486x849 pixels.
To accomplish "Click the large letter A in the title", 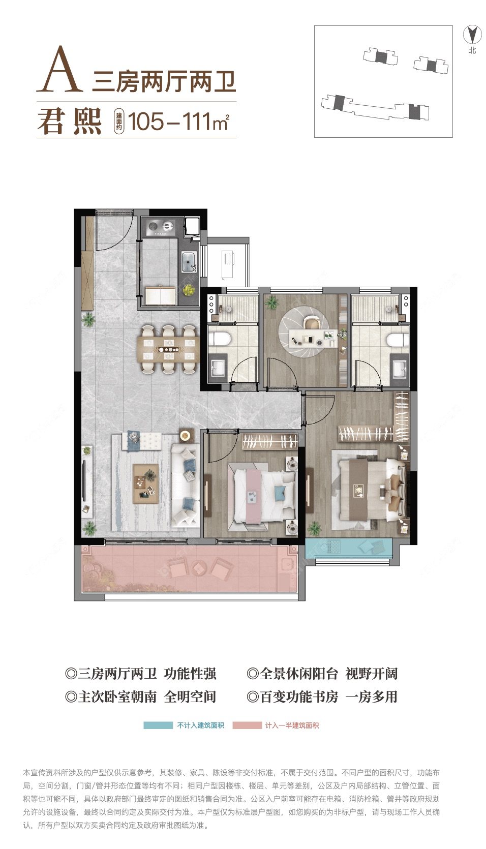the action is (59, 69).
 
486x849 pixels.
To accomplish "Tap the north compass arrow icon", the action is (472, 35).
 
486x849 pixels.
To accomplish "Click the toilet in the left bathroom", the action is (220, 338).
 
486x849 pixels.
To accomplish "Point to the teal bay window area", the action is (349, 548).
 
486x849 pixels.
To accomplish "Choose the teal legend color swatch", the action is (158, 725).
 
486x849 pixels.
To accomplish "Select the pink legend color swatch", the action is (247, 725).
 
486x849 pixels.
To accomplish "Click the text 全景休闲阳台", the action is (298, 674).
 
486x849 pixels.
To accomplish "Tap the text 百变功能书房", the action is (298, 696).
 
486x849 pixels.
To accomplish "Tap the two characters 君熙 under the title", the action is (70, 122).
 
